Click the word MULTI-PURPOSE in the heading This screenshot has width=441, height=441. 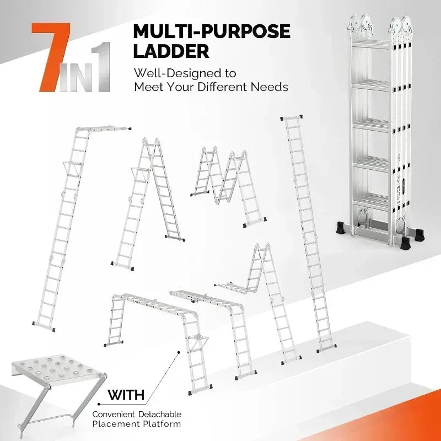[x=211, y=31]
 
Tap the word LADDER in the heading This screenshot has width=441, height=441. [x=171, y=51]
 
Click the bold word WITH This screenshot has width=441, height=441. [x=126, y=395]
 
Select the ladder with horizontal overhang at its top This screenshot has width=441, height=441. [x=77, y=220]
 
